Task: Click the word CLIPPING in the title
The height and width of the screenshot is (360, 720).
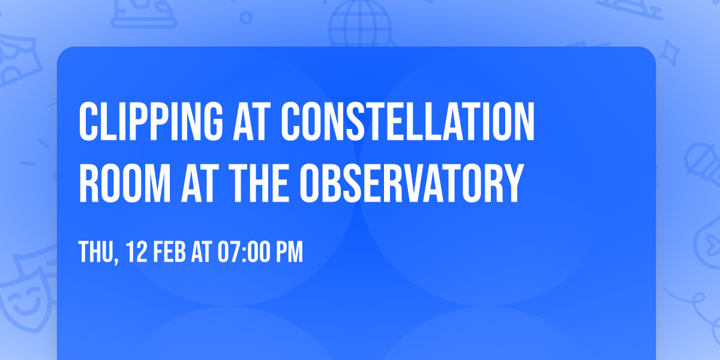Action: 151,121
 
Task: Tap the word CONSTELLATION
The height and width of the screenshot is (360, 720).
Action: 408,121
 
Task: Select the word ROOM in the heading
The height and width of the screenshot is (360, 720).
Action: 125,183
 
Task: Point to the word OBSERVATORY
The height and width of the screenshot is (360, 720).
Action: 412,183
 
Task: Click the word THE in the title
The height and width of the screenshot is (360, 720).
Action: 258,183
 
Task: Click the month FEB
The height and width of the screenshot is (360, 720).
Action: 169,251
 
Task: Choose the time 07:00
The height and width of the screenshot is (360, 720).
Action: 244,251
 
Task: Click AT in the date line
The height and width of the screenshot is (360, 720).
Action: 202,251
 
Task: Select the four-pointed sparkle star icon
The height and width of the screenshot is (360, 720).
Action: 669,53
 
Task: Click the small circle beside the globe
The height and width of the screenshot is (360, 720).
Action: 246,17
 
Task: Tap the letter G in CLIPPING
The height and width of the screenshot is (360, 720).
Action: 212,121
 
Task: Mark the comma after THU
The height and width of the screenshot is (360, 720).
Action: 116,260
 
